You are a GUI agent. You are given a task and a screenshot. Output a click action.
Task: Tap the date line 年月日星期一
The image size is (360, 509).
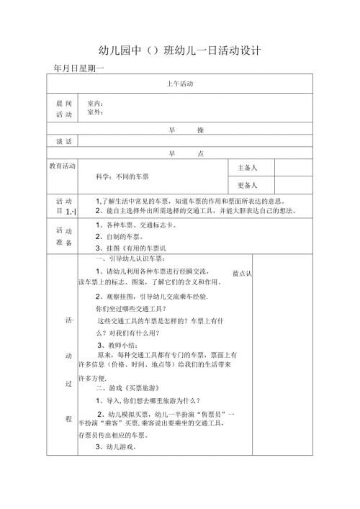[80, 68]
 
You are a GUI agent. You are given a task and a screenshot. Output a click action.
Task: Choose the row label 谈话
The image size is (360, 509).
[64, 142]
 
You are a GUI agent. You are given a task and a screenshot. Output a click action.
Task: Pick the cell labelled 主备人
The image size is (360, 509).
[247, 167]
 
